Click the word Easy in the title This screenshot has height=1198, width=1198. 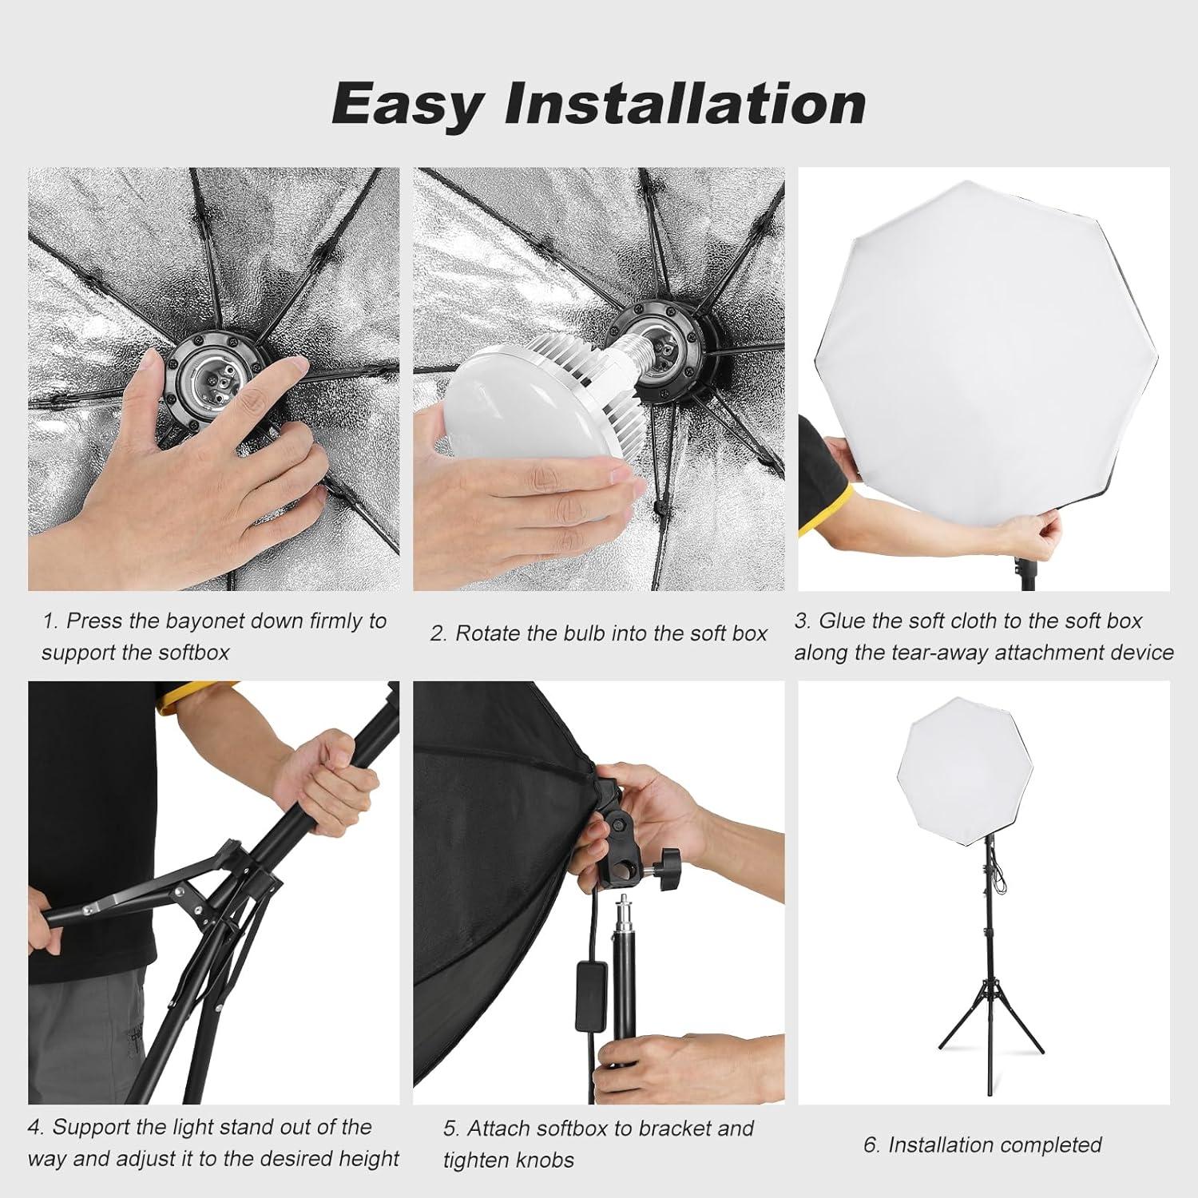pyautogui.click(x=407, y=104)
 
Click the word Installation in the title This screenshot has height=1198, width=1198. pyautogui.click(x=684, y=104)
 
